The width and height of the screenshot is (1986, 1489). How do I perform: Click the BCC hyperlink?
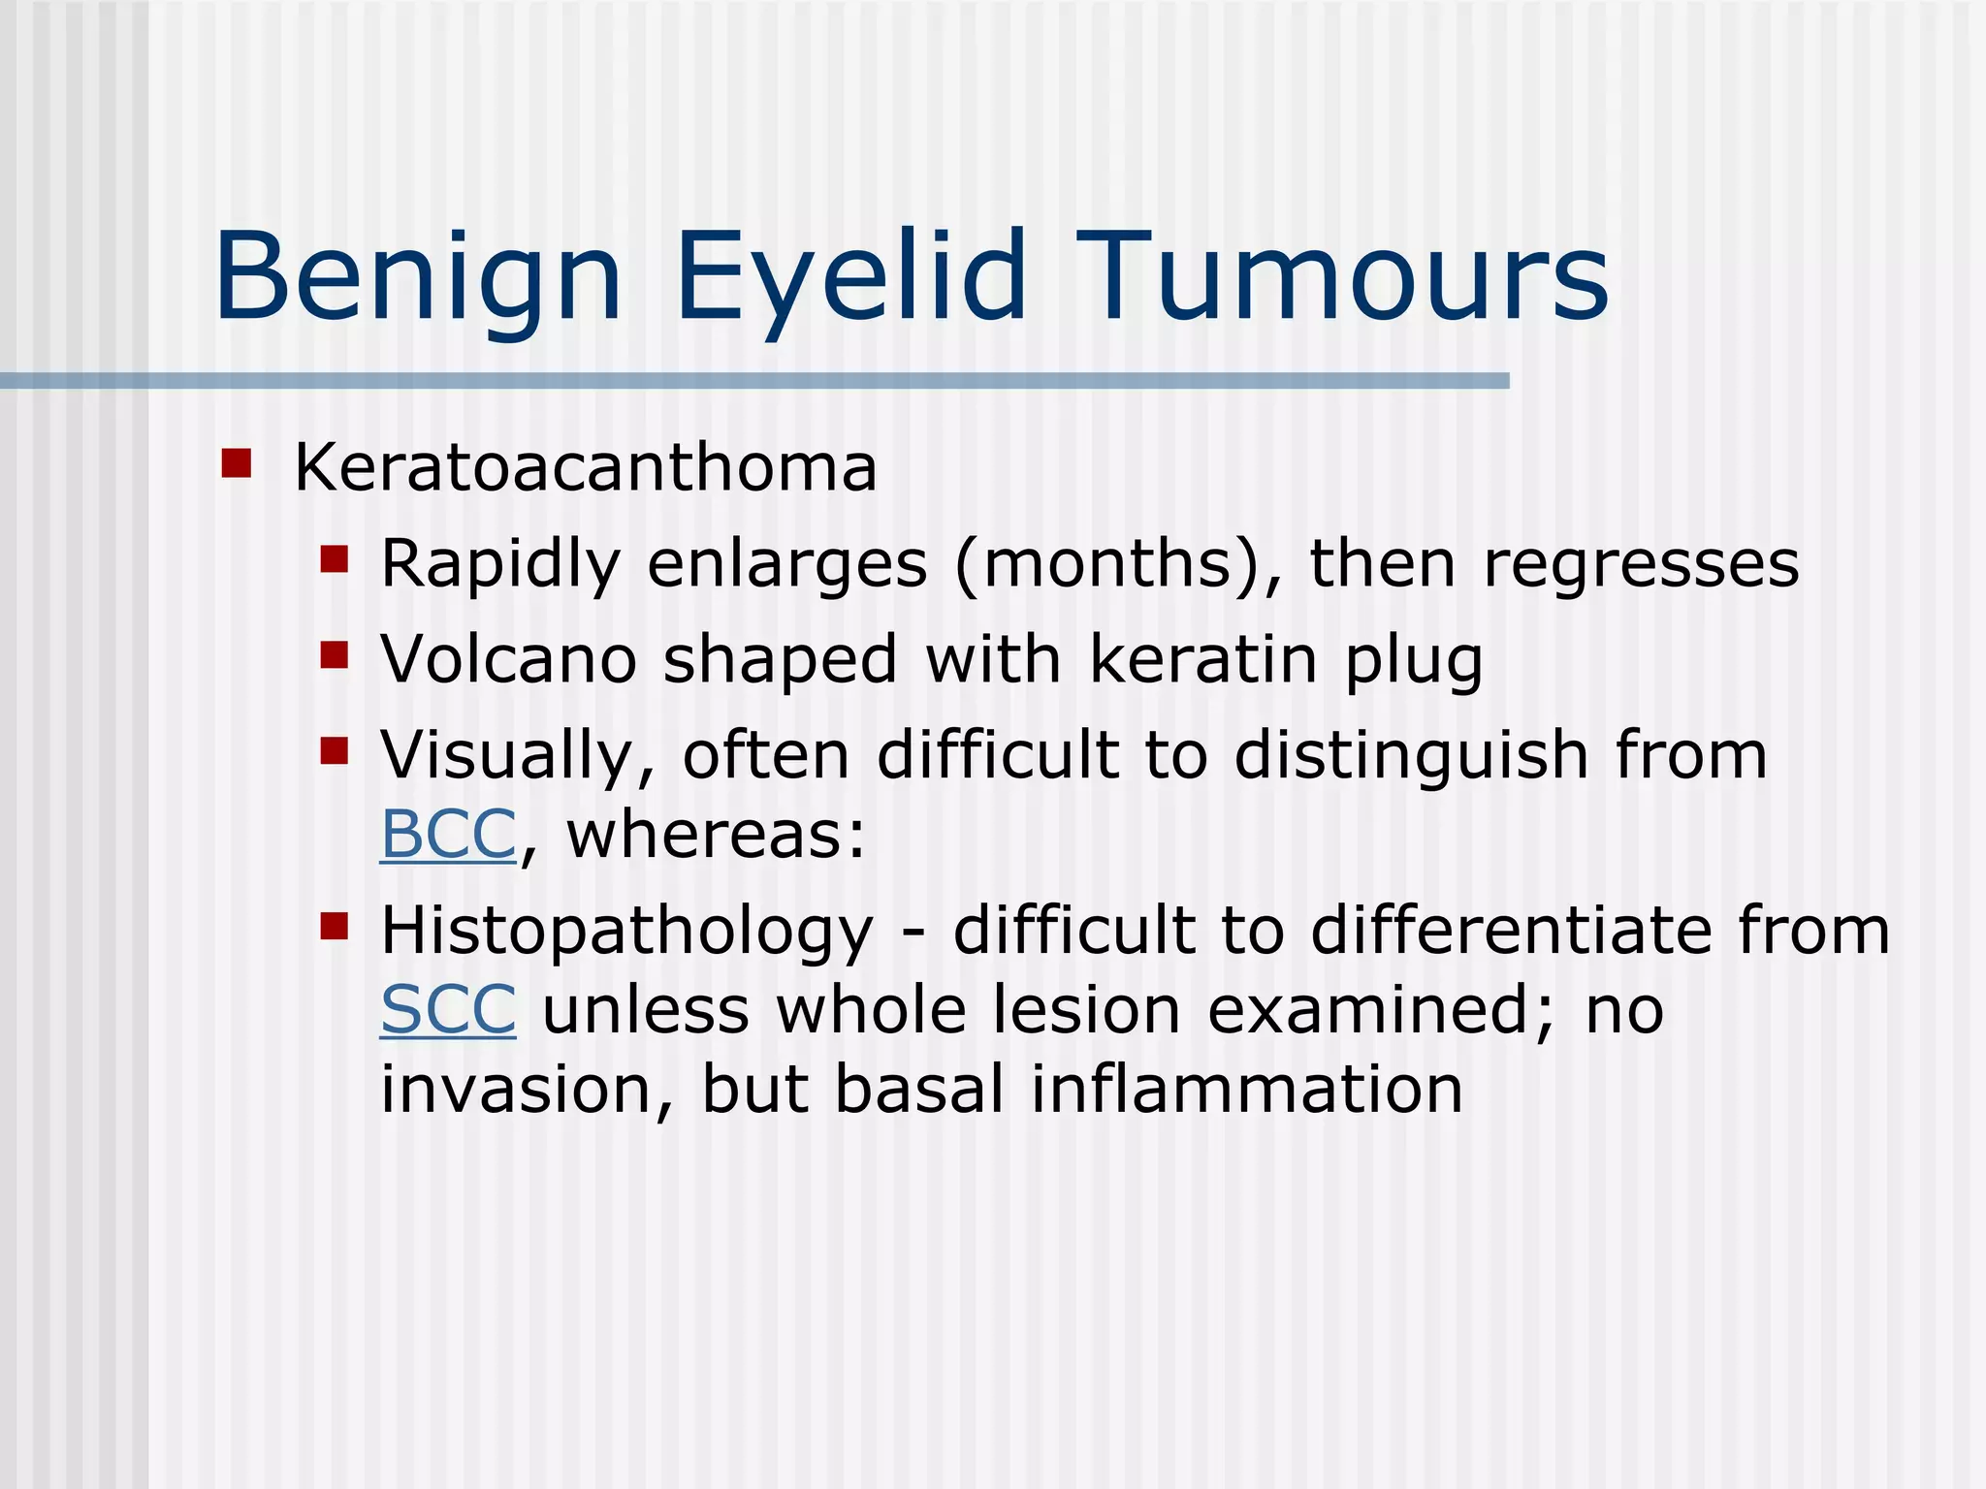pyautogui.click(x=447, y=835)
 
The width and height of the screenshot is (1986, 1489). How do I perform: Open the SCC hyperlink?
pyautogui.click(x=447, y=1010)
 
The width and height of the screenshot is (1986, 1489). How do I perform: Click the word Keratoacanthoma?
pyautogui.click(x=585, y=468)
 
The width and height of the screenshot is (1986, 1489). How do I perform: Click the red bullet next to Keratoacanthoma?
pyautogui.click(x=236, y=463)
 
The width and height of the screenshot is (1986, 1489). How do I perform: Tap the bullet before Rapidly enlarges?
pyautogui.click(x=334, y=559)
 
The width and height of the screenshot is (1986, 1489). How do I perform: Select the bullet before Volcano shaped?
pyautogui.click(x=334, y=655)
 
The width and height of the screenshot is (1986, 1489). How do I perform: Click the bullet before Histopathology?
pyautogui.click(x=334, y=927)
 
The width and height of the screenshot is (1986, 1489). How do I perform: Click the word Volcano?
pyautogui.click(x=509, y=659)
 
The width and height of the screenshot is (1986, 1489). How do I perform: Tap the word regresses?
pyautogui.click(x=1641, y=564)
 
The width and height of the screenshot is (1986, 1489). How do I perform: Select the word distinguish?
pyautogui.click(x=1411, y=756)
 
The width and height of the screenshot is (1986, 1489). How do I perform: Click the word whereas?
pyautogui.click(x=715, y=835)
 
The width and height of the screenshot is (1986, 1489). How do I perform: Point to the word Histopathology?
pyautogui.click(x=626, y=932)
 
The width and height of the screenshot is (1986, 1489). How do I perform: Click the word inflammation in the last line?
pyautogui.click(x=1246, y=1090)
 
